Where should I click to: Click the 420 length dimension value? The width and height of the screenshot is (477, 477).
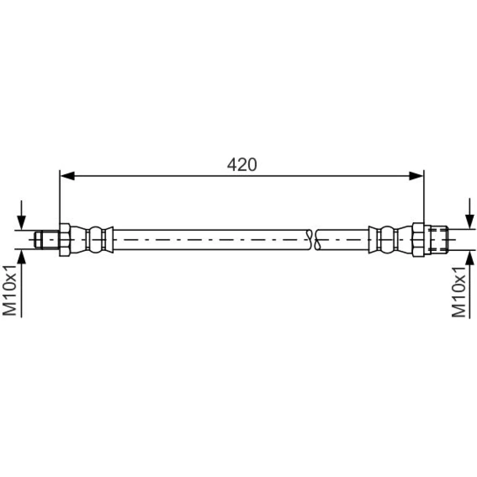[242, 165]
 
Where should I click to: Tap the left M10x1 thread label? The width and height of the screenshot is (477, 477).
[10, 290]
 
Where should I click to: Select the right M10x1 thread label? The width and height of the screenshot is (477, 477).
[458, 292]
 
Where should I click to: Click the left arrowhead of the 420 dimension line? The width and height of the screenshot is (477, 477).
[68, 176]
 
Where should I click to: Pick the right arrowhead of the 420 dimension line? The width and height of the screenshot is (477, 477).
[416, 176]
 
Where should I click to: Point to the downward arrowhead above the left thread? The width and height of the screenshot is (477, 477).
[21, 222]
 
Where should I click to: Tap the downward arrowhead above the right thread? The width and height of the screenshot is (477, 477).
[470, 221]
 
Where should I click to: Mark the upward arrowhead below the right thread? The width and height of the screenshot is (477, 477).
[470, 258]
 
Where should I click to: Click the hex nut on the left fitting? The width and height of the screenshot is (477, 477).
[65, 240]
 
